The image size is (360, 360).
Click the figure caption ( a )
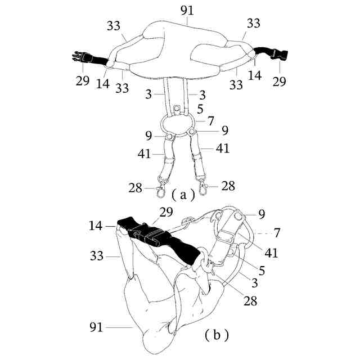click(183, 195)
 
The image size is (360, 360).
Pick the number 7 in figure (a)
click(211, 120)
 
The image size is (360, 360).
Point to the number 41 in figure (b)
click(271, 253)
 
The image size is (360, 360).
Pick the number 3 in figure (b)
click(254, 283)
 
